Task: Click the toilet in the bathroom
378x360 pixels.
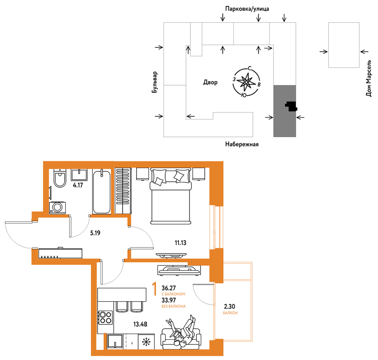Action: pyautogui.click(x=60, y=178)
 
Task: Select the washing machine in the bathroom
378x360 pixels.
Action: pyautogui.click(x=57, y=208)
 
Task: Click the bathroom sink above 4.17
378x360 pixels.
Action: pyautogui.click(x=79, y=175)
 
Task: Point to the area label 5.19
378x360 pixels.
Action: pyautogui.click(x=95, y=233)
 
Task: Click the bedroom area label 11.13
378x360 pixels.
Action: pyautogui.click(x=181, y=243)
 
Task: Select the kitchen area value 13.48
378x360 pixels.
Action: pyautogui.click(x=140, y=324)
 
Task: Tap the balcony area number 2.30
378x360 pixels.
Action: pyautogui.click(x=229, y=306)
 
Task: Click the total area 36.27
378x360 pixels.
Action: pyautogui.click(x=169, y=288)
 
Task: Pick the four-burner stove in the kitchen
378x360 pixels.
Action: pyautogui.click(x=106, y=317)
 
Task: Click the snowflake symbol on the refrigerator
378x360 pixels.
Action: pyautogui.click(x=146, y=342)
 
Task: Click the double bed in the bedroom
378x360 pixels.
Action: pyautogui.click(x=171, y=196)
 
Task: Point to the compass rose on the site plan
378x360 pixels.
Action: pyautogui.click(x=246, y=81)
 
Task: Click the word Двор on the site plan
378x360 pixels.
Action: pyautogui.click(x=210, y=82)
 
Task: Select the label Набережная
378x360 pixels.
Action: pyautogui.click(x=242, y=144)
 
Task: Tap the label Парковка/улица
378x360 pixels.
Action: pyautogui.click(x=247, y=9)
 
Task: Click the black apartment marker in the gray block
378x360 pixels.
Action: pyautogui.click(x=291, y=106)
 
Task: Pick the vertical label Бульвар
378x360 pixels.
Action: pyautogui.click(x=155, y=82)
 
